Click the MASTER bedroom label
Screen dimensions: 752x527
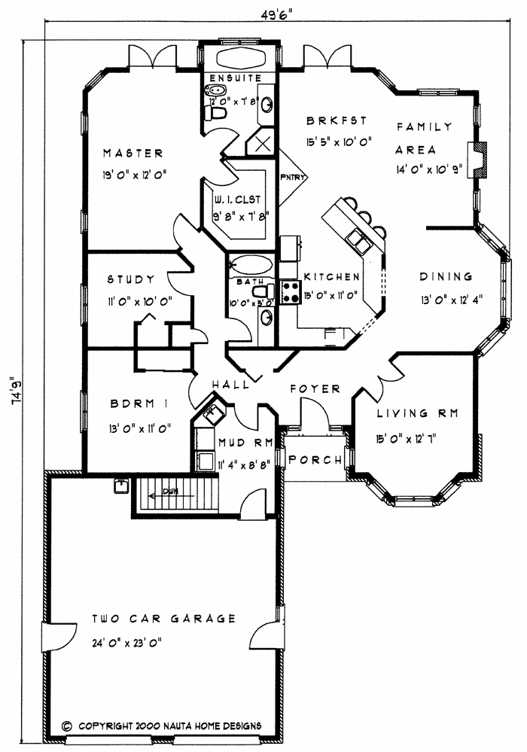pyautogui.click(x=133, y=154)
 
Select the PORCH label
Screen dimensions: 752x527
pyautogui.click(x=316, y=459)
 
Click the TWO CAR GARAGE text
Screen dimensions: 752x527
pyautogui.click(x=164, y=619)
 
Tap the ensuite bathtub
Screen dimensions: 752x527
pyautogui.click(x=241, y=60)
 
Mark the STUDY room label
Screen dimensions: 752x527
pyautogui.click(x=130, y=279)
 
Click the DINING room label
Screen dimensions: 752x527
pyautogui.click(x=446, y=276)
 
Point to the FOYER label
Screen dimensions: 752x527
pyautogui.click(x=315, y=389)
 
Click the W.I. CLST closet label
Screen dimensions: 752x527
pyautogui.click(x=236, y=199)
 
